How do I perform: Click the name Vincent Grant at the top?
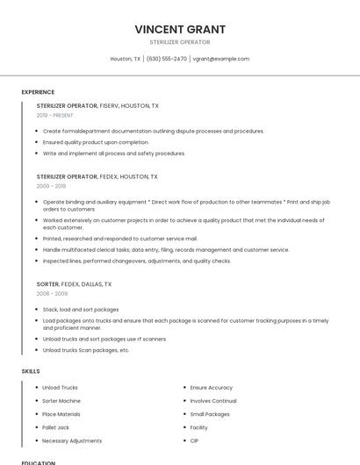pos(179,29)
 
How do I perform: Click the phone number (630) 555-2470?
pos(166,59)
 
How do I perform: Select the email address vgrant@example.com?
pos(221,59)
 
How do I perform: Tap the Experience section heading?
pos(38,92)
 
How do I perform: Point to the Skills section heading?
pos(31,371)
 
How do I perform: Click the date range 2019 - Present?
pos(55,116)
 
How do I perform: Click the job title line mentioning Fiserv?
pos(97,106)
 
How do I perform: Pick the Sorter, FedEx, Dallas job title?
pos(74,284)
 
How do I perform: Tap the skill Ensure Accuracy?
pos(211,387)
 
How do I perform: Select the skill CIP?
pos(194,440)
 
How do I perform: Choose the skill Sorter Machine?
pos(61,401)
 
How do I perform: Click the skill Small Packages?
pos(210,414)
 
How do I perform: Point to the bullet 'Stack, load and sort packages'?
pos(81,310)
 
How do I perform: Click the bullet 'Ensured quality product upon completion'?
pos(96,142)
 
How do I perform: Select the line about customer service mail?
pos(120,239)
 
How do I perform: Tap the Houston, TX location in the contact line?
pos(125,59)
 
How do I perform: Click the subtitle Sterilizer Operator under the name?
pos(179,42)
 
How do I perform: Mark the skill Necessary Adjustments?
pos(72,440)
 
